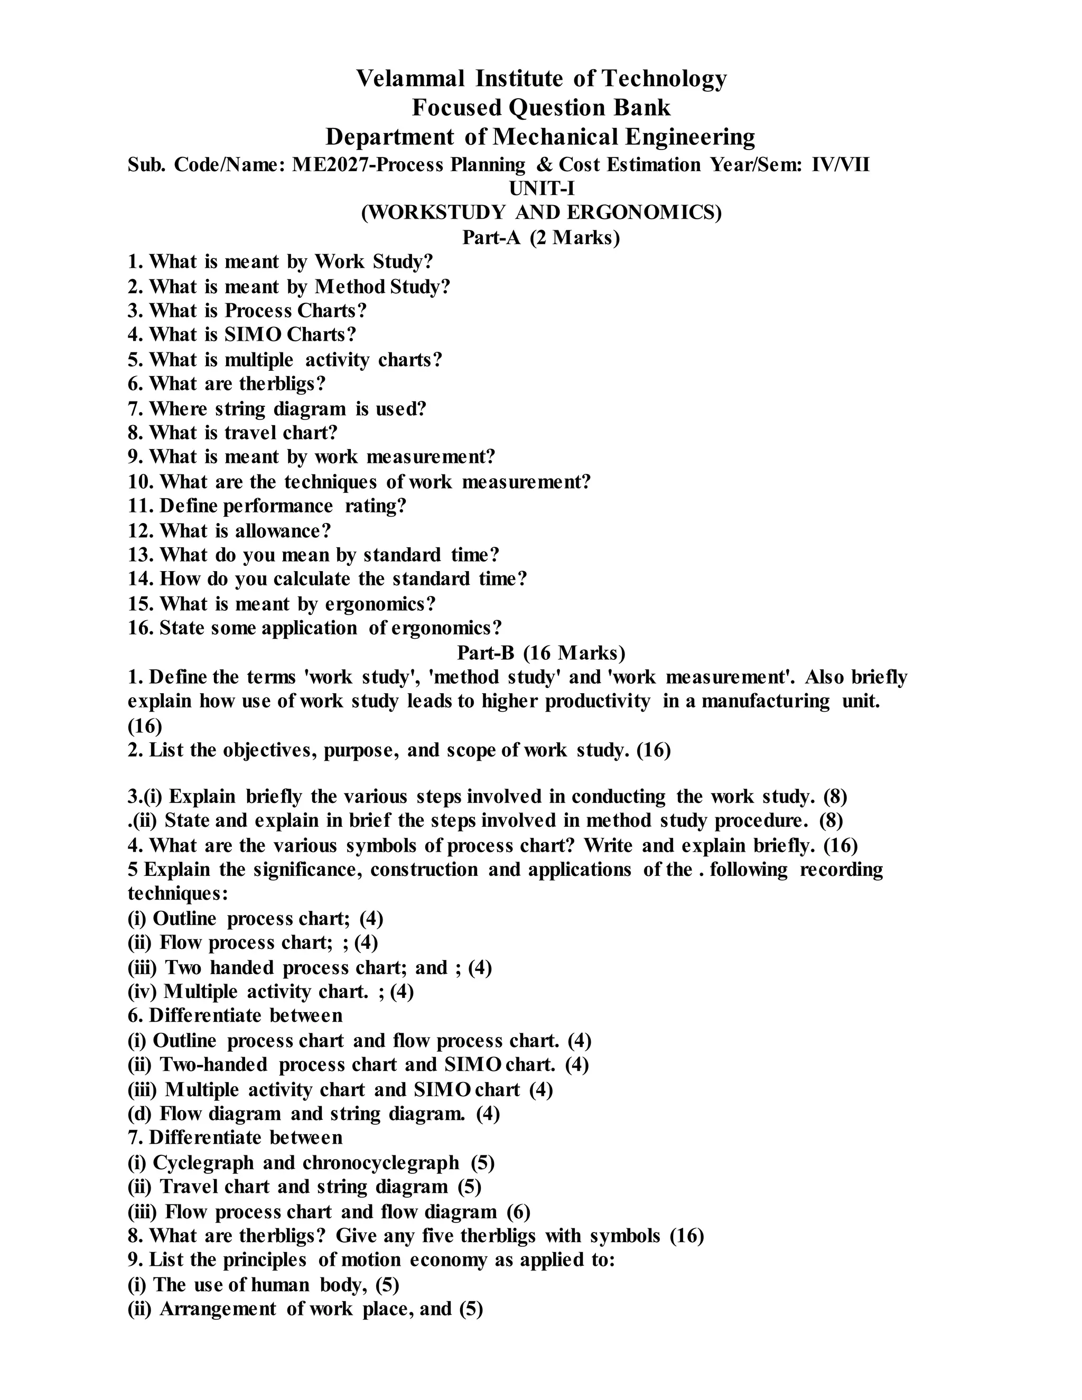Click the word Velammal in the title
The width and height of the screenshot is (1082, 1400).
410,79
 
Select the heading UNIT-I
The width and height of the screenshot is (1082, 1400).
541,189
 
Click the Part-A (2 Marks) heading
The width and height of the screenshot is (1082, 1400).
541,238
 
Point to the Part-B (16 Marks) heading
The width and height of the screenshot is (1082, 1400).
541,652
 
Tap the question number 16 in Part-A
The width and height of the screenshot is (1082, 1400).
138,628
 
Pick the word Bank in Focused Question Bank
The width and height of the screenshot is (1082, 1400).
641,108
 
